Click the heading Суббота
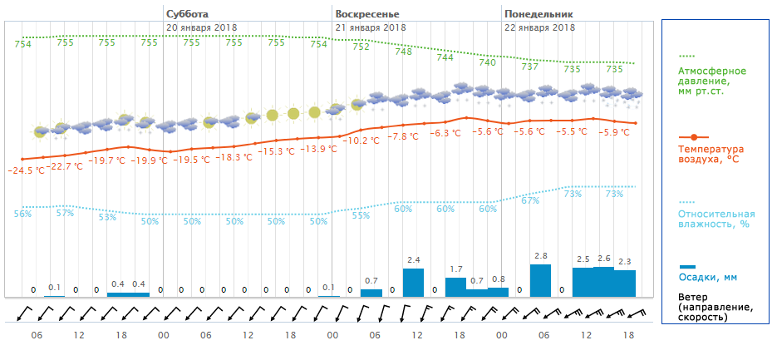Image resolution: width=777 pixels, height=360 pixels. (x=187, y=14)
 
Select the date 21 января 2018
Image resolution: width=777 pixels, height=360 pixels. (x=370, y=27)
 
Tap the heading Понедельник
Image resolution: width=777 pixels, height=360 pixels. (x=538, y=14)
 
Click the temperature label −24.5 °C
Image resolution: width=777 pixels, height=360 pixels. (x=26, y=170)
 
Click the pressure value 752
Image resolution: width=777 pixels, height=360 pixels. (x=361, y=47)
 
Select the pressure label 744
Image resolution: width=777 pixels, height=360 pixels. (x=445, y=57)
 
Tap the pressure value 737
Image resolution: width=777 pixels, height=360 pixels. (x=529, y=67)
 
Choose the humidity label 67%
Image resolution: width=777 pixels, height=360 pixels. (x=530, y=200)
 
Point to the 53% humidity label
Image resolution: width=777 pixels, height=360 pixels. (x=107, y=218)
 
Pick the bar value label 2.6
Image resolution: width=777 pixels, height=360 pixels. (x=603, y=259)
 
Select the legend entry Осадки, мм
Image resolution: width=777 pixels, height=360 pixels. (x=708, y=277)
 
